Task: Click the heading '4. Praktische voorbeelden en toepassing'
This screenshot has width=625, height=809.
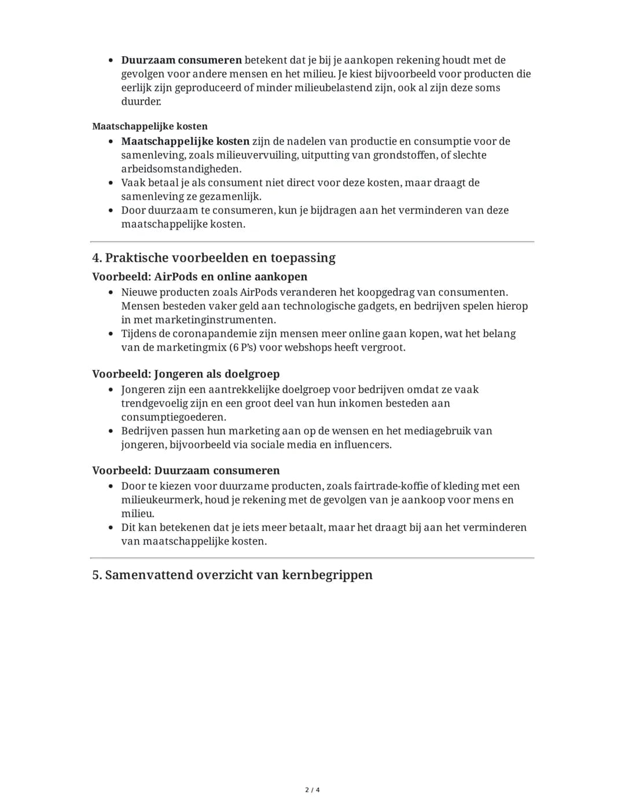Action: click(x=214, y=258)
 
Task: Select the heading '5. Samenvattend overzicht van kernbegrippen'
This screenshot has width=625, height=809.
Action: click(x=232, y=575)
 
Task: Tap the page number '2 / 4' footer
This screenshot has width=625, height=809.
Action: click(x=312, y=790)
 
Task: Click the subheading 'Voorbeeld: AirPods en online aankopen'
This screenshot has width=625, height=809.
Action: click(x=200, y=277)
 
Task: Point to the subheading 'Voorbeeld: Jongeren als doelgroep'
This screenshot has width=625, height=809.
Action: click(x=186, y=374)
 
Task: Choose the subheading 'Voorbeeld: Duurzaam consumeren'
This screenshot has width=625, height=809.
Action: click(x=186, y=471)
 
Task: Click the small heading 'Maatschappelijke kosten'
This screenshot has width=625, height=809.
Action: click(x=150, y=126)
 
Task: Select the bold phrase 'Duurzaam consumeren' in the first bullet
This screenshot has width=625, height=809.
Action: click(x=181, y=60)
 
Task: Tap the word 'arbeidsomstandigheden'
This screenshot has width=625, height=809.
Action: click(x=181, y=169)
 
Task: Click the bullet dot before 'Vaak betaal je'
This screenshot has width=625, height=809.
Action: click(x=111, y=183)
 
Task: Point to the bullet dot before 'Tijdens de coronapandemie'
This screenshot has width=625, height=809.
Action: click(x=111, y=334)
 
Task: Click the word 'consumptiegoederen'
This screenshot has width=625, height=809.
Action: click(x=173, y=418)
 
